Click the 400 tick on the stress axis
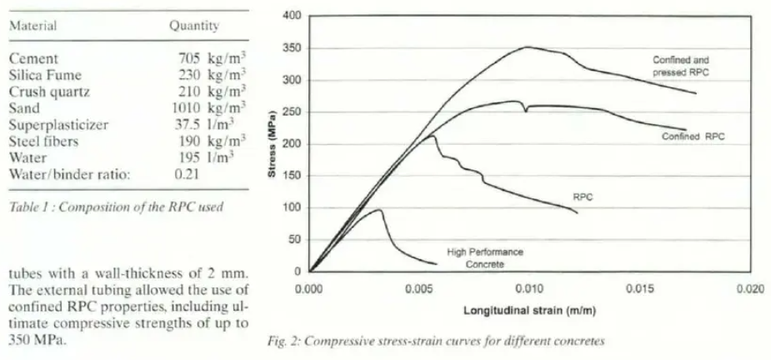click(291, 17)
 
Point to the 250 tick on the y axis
click(291, 112)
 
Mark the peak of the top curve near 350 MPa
click(527, 47)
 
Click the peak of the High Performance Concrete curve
click(380, 209)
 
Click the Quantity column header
click(194, 26)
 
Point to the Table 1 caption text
click(116, 207)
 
